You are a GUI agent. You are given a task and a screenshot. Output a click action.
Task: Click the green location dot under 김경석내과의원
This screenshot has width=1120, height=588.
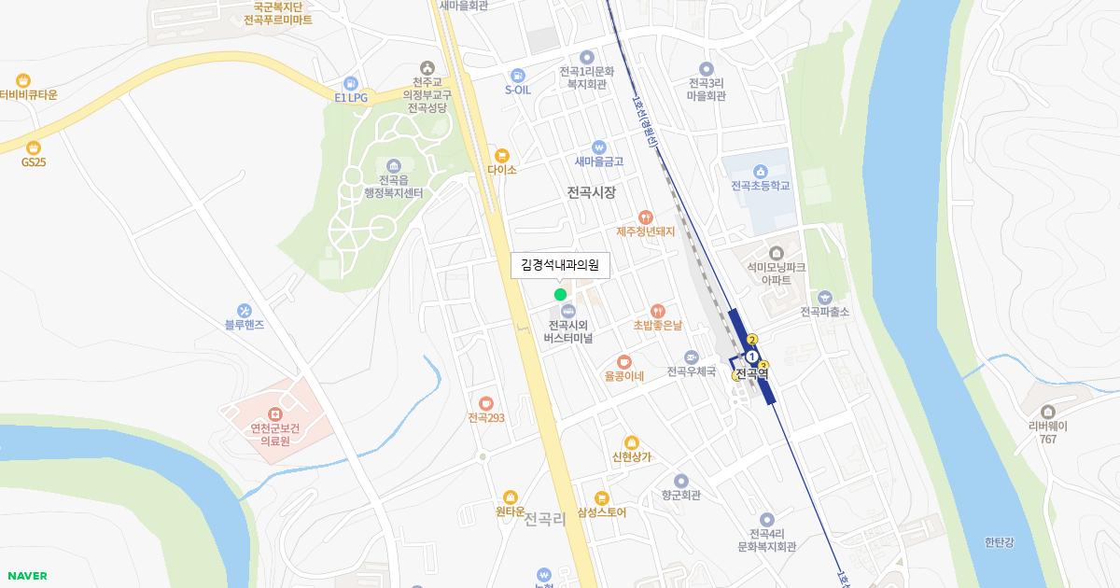pyautogui.click(x=560, y=295)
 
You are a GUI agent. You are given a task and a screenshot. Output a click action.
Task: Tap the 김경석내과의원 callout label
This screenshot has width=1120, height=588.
pyautogui.click(x=560, y=265)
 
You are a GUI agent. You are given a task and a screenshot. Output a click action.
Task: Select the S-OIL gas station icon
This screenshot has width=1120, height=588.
pyautogui.click(x=517, y=75)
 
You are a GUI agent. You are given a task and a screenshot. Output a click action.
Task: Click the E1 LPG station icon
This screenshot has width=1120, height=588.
pyautogui.click(x=351, y=83)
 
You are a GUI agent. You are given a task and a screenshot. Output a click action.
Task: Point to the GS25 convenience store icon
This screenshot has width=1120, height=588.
pyautogui.click(x=34, y=147)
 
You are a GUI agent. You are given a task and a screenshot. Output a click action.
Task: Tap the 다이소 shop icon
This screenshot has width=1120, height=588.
pyautogui.click(x=502, y=155)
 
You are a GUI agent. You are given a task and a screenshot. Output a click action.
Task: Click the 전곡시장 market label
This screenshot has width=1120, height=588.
pyautogui.click(x=591, y=192)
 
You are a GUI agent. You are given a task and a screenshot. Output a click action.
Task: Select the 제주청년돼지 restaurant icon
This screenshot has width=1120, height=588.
pyautogui.click(x=645, y=217)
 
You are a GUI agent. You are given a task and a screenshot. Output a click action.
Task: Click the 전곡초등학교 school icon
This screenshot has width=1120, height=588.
pyautogui.click(x=761, y=171)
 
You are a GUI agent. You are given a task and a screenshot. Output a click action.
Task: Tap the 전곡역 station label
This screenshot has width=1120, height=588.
pyautogui.click(x=751, y=373)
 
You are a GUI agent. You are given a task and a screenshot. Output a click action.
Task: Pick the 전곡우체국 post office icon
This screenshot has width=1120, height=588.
pyautogui.click(x=691, y=357)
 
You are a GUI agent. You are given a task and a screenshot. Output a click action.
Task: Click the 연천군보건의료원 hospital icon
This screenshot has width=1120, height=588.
pyautogui.click(x=274, y=413)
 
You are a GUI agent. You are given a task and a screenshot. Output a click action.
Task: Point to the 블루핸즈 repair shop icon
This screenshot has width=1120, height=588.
pyautogui.click(x=245, y=311)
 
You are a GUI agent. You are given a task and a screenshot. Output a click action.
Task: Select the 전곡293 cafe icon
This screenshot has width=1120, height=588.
pyautogui.click(x=485, y=403)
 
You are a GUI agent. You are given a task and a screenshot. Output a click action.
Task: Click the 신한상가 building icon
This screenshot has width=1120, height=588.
pyautogui.click(x=632, y=442)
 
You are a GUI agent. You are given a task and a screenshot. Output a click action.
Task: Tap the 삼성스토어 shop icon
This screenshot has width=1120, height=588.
pyautogui.click(x=602, y=497)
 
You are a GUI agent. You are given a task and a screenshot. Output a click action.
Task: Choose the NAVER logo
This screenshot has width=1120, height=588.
pyautogui.click(x=27, y=576)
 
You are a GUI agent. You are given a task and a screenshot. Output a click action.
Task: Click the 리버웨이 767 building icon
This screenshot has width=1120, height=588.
pyautogui.click(x=1047, y=412)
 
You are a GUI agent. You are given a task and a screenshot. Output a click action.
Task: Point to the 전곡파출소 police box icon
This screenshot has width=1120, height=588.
pyautogui.click(x=824, y=298)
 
